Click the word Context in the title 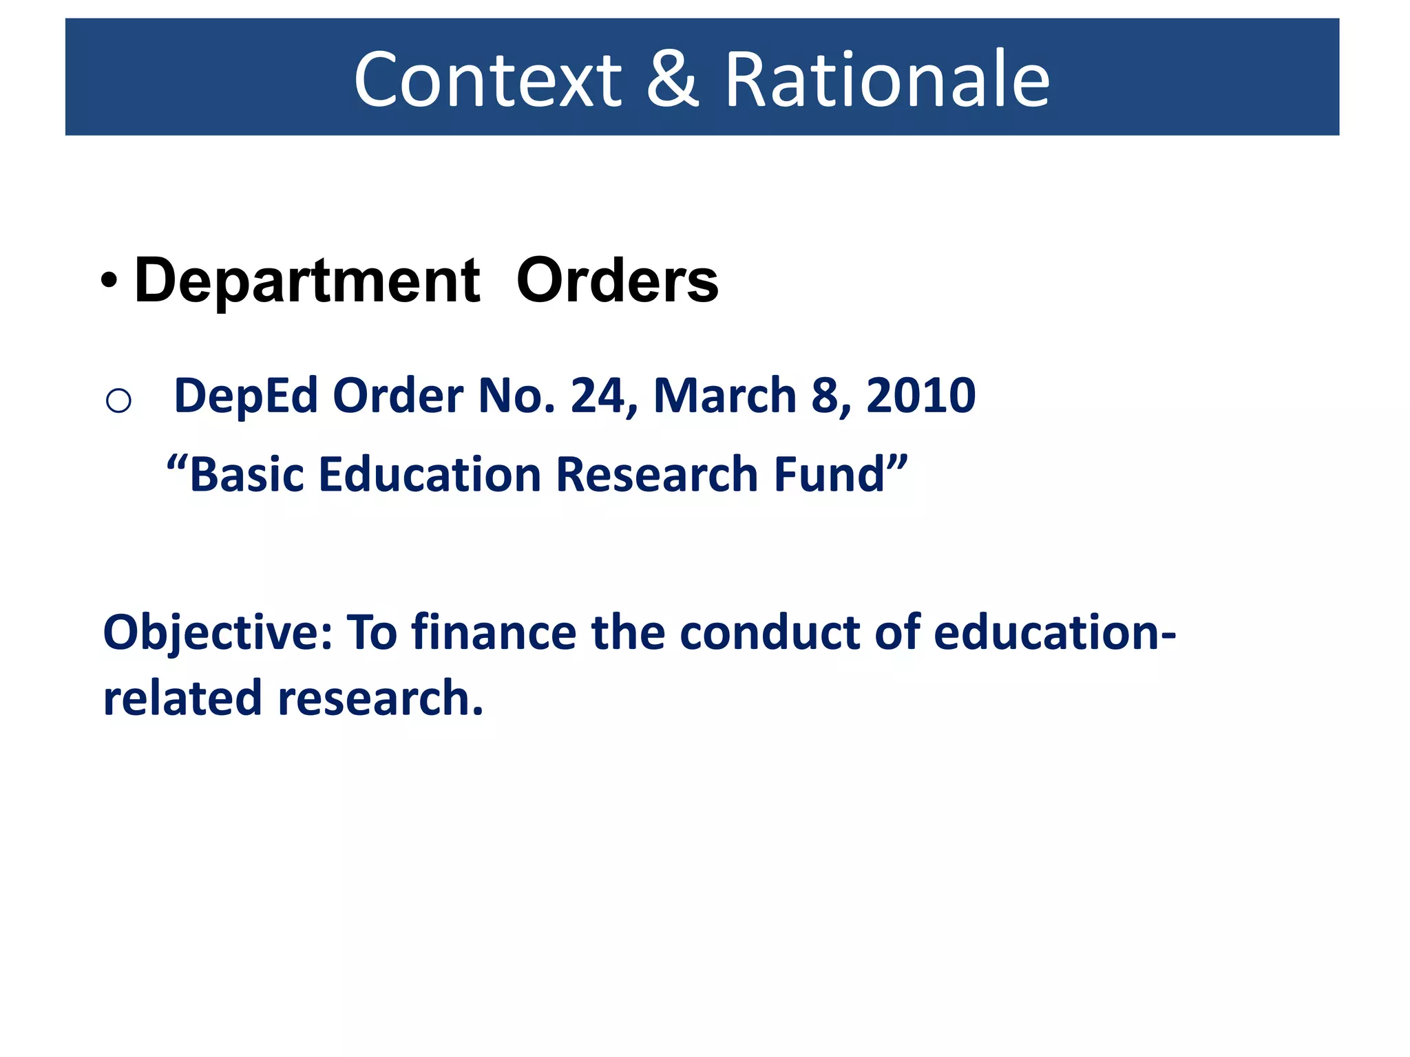[x=487, y=80]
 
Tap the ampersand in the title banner [x=673, y=80]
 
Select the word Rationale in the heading [x=887, y=80]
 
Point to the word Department [x=307, y=281]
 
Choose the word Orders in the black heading [x=617, y=281]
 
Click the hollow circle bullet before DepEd [x=118, y=400]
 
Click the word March [x=724, y=396]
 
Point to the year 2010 [x=920, y=396]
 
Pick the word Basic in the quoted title [x=246, y=475]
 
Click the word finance [x=494, y=633]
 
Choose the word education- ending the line [x=1054, y=633]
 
